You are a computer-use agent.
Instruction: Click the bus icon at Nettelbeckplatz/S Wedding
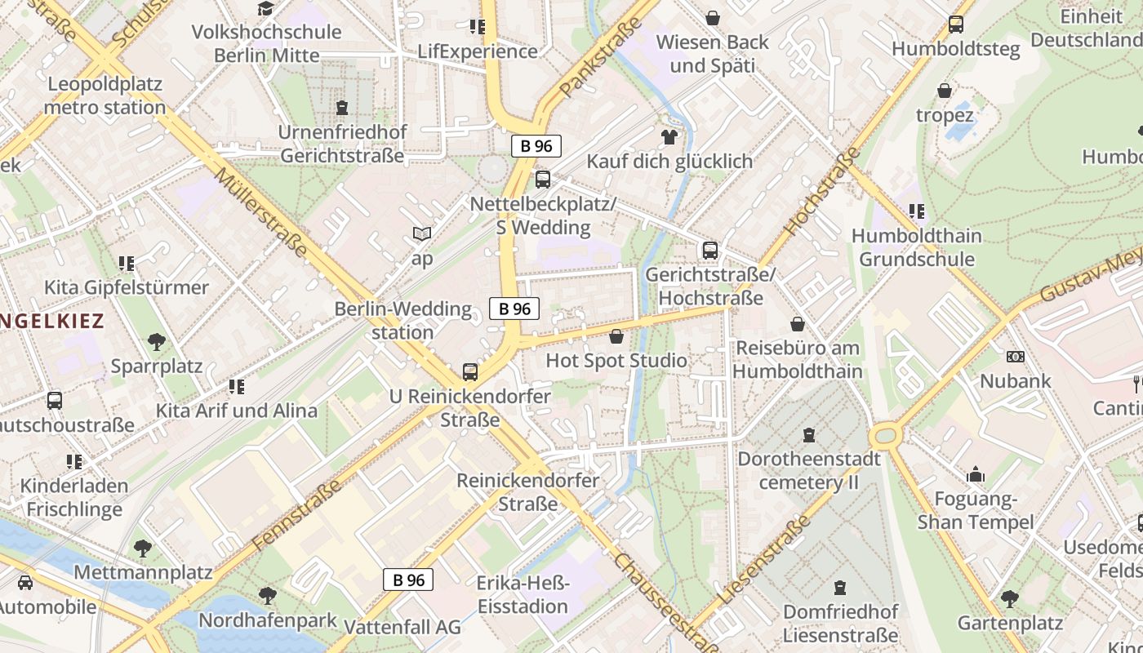(x=543, y=180)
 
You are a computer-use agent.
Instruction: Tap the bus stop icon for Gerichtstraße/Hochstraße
(x=710, y=251)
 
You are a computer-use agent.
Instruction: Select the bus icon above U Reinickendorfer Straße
(x=470, y=372)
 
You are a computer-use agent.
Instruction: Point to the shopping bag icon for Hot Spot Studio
(x=616, y=336)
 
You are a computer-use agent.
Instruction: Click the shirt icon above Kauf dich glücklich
(x=669, y=136)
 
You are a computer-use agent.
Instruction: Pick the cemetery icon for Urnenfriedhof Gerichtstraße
(x=342, y=108)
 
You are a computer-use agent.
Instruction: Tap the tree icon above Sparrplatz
(x=157, y=341)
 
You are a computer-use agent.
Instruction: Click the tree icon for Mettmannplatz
(x=143, y=548)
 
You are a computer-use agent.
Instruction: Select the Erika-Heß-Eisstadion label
(x=523, y=595)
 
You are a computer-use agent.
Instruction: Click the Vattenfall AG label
(x=402, y=627)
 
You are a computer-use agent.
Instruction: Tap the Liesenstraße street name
(x=764, y=559)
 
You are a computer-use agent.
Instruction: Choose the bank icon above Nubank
(x=1016, y=357)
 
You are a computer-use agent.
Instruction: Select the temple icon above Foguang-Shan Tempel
(x=976, y=475)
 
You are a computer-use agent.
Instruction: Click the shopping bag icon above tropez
(x=945, y=91)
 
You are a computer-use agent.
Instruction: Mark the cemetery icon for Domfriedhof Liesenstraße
(x=840, y=587)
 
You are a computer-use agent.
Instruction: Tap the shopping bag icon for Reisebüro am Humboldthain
(x=798, y=324)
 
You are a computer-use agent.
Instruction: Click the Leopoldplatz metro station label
(x=105, y=96)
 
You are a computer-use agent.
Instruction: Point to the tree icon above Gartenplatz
(x=1010, y=599)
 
